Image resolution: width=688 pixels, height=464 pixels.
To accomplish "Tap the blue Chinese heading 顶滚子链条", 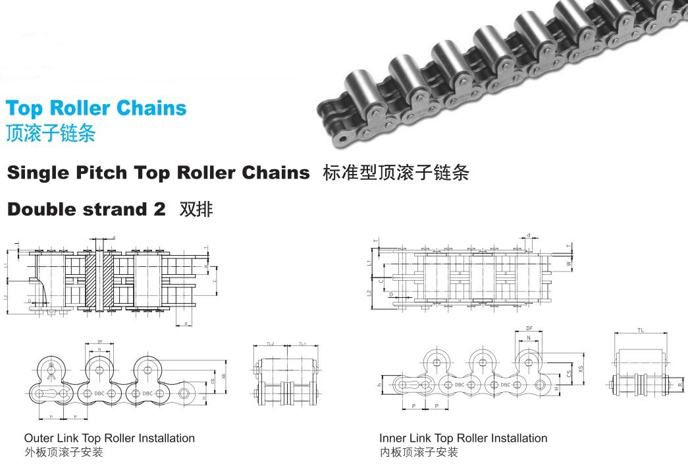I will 50,133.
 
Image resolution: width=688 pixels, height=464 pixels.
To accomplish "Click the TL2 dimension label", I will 270,344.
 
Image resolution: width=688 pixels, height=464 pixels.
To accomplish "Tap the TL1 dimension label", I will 302,344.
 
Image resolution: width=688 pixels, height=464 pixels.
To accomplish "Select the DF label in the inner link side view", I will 529,328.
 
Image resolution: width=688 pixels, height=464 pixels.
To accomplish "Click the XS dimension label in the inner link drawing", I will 580,370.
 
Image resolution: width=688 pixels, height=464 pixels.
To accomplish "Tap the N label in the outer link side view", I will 99,349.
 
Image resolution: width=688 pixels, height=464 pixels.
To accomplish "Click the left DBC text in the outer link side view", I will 99,393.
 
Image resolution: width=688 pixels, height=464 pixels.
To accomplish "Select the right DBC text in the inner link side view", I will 506,384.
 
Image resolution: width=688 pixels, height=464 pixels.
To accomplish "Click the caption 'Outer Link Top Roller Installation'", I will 109,438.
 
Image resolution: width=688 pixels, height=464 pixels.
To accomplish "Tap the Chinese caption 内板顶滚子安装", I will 418,452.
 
